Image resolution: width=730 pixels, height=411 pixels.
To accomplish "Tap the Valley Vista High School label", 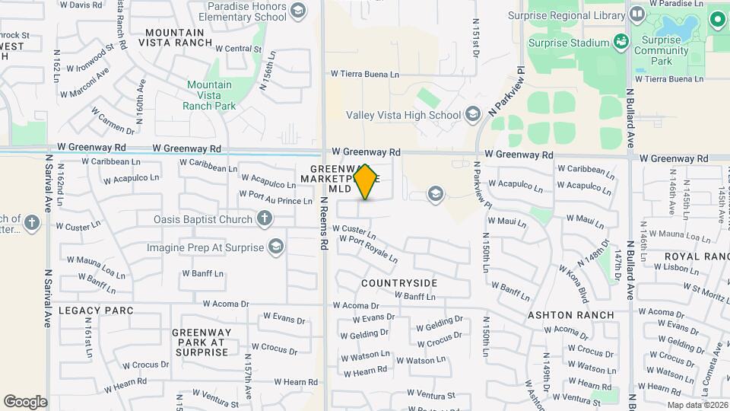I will (x=403, y=116).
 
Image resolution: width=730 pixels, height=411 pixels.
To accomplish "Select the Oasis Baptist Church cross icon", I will (x=264, y=220).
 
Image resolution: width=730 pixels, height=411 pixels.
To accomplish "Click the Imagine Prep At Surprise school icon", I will (x=276, y=247).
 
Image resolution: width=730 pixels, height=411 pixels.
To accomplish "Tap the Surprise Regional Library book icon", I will (x=636, y=14).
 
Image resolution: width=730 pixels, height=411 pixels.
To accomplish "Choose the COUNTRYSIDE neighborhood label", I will (x=399, y=283).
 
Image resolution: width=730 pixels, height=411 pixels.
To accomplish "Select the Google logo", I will (x=25, y=401).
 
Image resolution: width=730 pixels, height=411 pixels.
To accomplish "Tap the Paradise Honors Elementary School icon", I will (x=297, y=11).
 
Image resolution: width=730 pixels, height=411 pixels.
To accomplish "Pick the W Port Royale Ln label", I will (x=368, y=249).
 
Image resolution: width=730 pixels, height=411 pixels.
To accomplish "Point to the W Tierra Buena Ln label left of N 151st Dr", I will (x=364, y=74).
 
